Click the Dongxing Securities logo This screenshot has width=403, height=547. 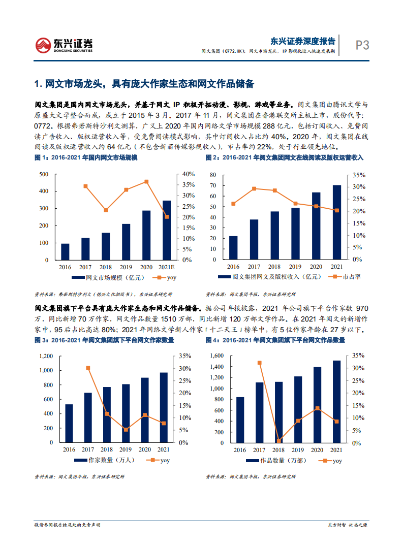(64, 45)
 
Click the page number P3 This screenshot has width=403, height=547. (362, 45)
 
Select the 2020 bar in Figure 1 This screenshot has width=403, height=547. (146, 235)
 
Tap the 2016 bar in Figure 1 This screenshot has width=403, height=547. (65, 252)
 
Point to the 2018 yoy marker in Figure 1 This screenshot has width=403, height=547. (106, 210)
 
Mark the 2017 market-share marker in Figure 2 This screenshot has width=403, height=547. (254, 188)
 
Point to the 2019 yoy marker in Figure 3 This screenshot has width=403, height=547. (126, 430)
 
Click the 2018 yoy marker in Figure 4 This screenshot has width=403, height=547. (279, 440)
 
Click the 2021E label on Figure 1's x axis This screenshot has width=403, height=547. (167, 267)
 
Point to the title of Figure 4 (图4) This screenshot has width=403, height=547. (275, 340)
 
